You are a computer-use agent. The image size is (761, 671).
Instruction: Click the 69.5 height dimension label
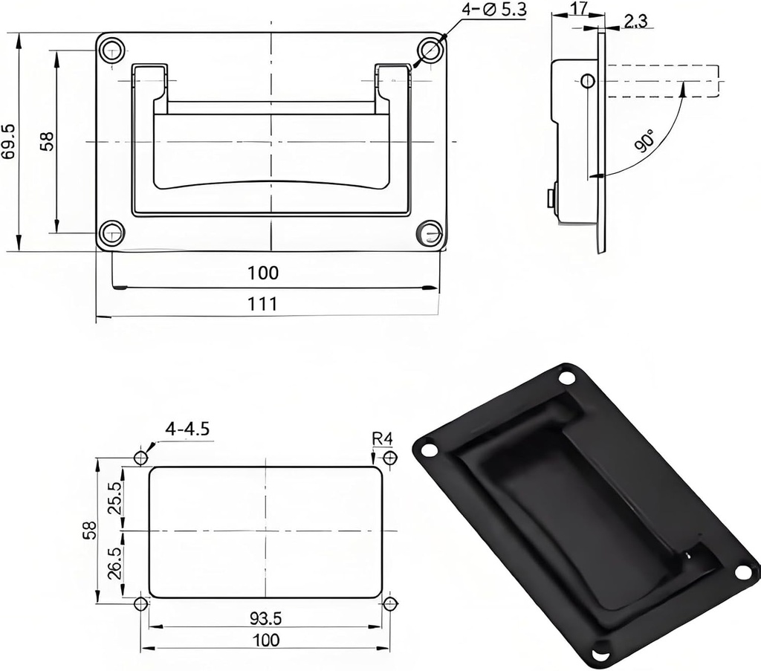(x=9, y=141)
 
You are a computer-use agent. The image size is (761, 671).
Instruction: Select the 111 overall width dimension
(x=263, y=304)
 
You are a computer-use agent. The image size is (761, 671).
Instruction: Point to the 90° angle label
(x=645, y=140)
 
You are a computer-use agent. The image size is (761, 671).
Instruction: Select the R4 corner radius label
(x=382, y=438)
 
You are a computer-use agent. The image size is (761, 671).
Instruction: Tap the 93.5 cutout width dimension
(x=266, y=617)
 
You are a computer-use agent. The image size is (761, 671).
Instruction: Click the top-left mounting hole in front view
(x=112, y=50)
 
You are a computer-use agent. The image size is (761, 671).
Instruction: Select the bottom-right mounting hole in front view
(x=430, y=233)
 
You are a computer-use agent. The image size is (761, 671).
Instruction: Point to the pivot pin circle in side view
(x=587, y=80)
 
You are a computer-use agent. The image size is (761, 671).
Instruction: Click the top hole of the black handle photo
(x=567, y=377)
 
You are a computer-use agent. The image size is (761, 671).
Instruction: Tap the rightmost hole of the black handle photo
(x=743, y=571)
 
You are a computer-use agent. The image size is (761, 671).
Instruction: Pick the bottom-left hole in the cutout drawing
(x=140, y=604)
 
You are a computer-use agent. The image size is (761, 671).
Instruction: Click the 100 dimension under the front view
(x=263, y=273)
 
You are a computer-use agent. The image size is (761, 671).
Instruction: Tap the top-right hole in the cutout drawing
(x=389, y=458)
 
